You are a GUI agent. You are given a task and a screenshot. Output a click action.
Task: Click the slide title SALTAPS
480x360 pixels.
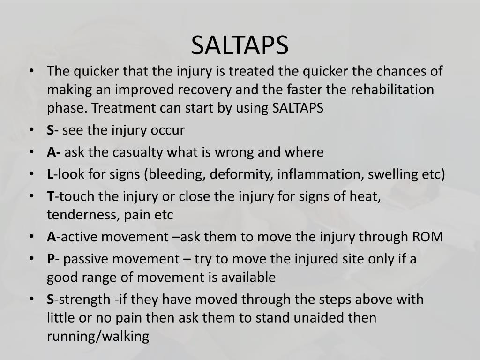point(240,45)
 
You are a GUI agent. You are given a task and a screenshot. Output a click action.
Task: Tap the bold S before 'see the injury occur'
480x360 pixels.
point(50,130)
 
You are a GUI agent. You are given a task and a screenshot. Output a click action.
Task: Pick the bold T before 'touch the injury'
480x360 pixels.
point(50,196)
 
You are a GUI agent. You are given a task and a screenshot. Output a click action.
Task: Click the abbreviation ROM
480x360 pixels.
point(427,237)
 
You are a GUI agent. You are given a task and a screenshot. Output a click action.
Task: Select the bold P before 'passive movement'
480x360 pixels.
point(50,259)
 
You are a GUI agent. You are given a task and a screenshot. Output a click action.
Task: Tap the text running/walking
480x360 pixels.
point(97,336)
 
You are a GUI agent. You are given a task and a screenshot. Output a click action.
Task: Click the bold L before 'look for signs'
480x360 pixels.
point(50,175)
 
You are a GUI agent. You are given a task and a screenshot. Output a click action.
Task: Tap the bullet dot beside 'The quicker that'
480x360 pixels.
point(31,71)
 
